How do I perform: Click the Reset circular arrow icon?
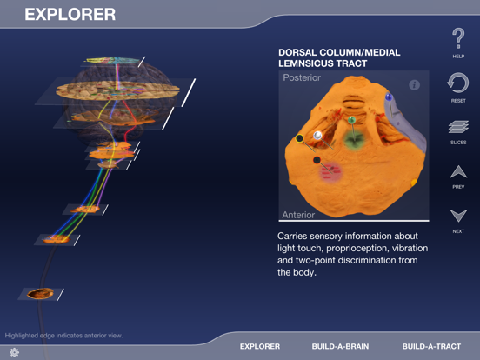tap(457, 83)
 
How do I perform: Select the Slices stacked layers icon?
tap(457, 127)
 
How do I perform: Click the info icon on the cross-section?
tap(414, 85)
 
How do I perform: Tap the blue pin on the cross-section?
tap(389, 97)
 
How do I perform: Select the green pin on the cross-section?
tap(351, 119)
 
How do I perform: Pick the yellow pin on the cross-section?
tap(300, 138)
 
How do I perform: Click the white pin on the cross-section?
tap(318, 136)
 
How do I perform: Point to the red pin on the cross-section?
tap(316, 159)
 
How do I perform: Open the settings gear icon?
tap(14, 351)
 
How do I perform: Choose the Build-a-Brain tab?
tap(340, 346)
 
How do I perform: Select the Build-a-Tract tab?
tap(431, 346)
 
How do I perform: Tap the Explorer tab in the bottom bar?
tap(260, 346)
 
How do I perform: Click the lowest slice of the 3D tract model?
tap(40, 294)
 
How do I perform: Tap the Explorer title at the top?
tap(70, 14)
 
